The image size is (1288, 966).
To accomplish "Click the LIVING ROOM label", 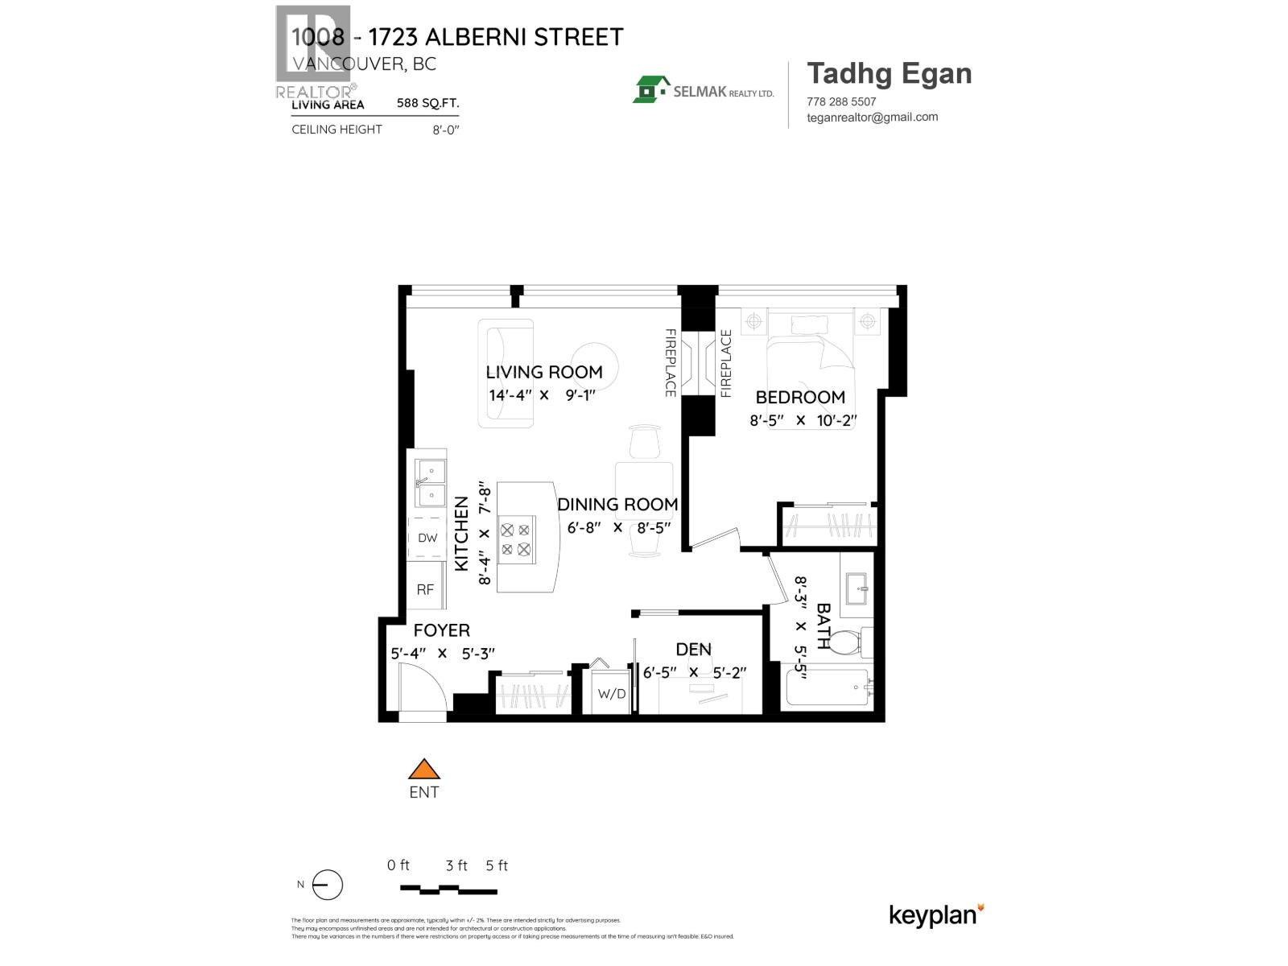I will point(543,372).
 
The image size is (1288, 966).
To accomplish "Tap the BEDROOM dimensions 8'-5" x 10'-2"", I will point(803,420).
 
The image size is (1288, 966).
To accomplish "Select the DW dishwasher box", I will point(427,538).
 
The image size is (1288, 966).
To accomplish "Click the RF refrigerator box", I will point(425,589).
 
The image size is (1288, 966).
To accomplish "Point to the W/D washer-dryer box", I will point(611,693).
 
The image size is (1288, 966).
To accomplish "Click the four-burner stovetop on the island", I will point(516,539).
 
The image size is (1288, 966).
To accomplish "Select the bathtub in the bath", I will point(828,688).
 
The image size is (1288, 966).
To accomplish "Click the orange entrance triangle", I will point(423,769).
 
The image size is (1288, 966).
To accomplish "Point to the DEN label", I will point(693,649).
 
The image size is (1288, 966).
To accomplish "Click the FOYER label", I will point(441,630).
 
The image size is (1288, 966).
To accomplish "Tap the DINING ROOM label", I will point(617,505).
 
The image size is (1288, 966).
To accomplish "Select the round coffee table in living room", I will point(596,366).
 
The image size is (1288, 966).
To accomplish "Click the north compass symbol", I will point(327,885).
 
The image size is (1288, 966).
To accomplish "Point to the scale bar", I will point(448,890).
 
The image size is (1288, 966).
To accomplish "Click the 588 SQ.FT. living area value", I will point(427,104).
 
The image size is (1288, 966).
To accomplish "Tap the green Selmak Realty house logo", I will point(651,89).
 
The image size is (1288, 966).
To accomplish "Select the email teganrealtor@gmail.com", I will point(872,117).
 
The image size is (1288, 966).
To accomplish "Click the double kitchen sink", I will point(430,482).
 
